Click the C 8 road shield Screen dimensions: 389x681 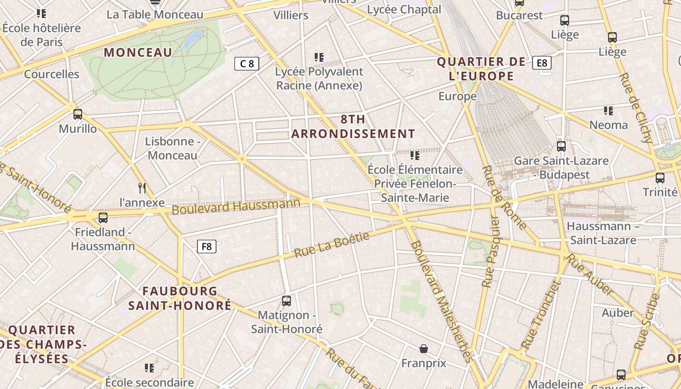click(247, 63)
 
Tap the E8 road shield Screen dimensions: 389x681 click(542, 63)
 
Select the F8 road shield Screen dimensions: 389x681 click(207, 247)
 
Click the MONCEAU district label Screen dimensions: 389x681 click(138, 53)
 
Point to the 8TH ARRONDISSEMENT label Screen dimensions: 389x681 click(354, 126)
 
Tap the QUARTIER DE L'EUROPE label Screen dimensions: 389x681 click(482, 69)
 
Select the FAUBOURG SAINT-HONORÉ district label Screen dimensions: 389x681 click(180, 299)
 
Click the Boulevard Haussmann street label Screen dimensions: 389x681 click(236, 206)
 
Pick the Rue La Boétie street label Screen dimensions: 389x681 click(332, 245)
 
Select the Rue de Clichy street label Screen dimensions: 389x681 click(637, 108)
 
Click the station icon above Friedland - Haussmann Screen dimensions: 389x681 click(103, 218)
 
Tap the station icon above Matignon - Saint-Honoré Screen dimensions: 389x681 click(287, 301)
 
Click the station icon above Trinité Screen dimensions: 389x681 click(660, 178)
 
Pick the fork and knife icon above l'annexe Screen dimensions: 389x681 click(142, 188)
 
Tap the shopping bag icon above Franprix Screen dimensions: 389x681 click(424, 349)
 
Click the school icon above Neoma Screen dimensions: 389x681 click(608, 111)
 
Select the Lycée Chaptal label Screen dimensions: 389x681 click(404, 9)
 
